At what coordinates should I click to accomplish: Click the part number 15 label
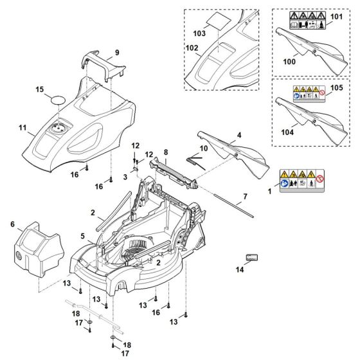(x=40, y=89)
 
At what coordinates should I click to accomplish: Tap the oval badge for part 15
(x=58, y=100)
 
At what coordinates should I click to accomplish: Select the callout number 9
(x=117, y=53)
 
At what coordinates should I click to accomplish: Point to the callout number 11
(x=22, y=127)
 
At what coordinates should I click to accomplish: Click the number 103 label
(x=199, y=33)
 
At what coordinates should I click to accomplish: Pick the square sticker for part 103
(x=218, y=21)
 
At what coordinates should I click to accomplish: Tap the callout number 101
(x=336, y=17)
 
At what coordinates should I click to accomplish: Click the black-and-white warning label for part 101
(x=307, y=20)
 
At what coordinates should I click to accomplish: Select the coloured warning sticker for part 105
(x=310, y=94)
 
